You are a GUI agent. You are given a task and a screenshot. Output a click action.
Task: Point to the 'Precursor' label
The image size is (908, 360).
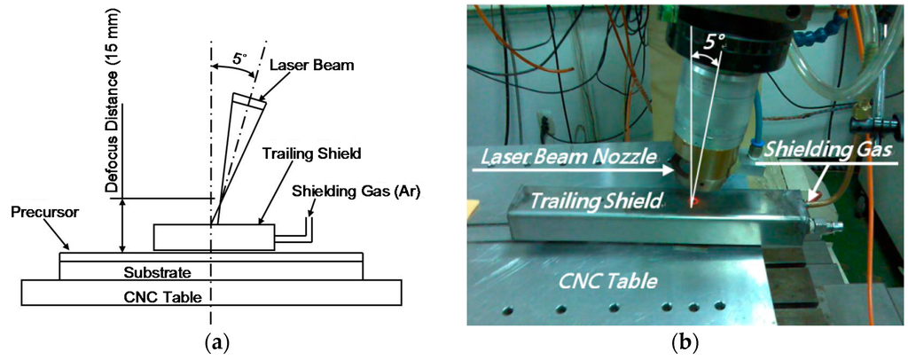point(40,214)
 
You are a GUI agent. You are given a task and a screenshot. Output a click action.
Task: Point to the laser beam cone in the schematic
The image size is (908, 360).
point(232,151)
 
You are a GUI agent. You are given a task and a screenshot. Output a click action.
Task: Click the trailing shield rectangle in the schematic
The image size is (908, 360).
point(213,237)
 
